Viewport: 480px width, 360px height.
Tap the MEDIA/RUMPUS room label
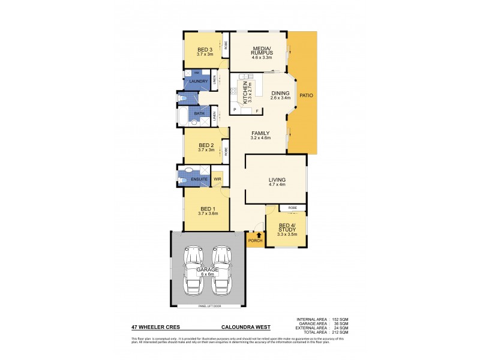(x=261, y=50)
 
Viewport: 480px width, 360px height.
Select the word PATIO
(x=307, y=95)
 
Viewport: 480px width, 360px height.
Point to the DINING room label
(x=280, y=94)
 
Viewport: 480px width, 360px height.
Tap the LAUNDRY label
(x=198, y=81)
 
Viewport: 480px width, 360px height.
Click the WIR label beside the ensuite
(x=217, y=179)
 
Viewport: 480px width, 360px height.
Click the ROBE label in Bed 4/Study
(x=292, y=208)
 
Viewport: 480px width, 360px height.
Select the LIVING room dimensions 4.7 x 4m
(x=277, y=185)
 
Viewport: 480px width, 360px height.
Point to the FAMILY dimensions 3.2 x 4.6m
(x=260, y=138)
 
